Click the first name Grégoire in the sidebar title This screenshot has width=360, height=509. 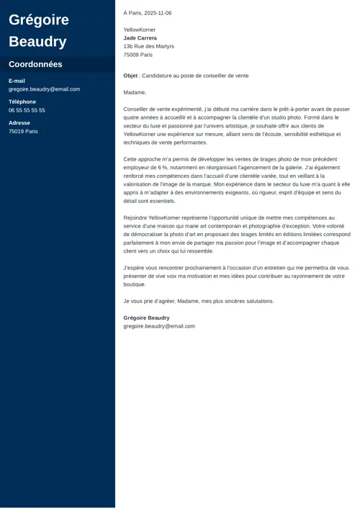pos(39,19)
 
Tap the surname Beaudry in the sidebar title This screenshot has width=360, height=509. pos(37,41)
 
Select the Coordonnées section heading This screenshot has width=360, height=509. pos(35,64)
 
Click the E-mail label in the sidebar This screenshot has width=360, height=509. pos(17,81)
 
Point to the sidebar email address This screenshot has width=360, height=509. pos(44,89)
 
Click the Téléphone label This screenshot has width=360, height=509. pos(22,102)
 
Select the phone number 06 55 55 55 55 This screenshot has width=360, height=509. pos(27,110)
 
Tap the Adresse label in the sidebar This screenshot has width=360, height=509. pos(19,123)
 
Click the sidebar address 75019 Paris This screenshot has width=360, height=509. pos(23,132)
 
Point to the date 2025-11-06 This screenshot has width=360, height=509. pos(158,13)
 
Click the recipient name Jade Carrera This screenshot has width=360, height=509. pos(140,38)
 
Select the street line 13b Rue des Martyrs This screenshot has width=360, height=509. pos(148,46)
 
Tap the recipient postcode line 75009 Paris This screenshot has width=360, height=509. pos(138,55)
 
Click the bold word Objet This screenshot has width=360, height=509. pos(130,76)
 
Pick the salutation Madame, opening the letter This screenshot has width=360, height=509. pos(135,92)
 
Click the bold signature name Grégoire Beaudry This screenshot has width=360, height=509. pos(147,317)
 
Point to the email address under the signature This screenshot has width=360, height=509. pos(159,326)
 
